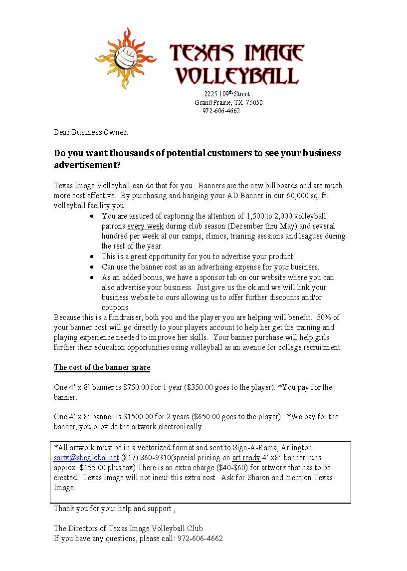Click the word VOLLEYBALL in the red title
237,76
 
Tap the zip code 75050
254,103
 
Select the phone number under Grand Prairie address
221,111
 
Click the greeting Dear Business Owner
91,132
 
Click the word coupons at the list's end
115,307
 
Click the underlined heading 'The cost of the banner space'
102,367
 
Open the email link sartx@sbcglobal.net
86,458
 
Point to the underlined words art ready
246,458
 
